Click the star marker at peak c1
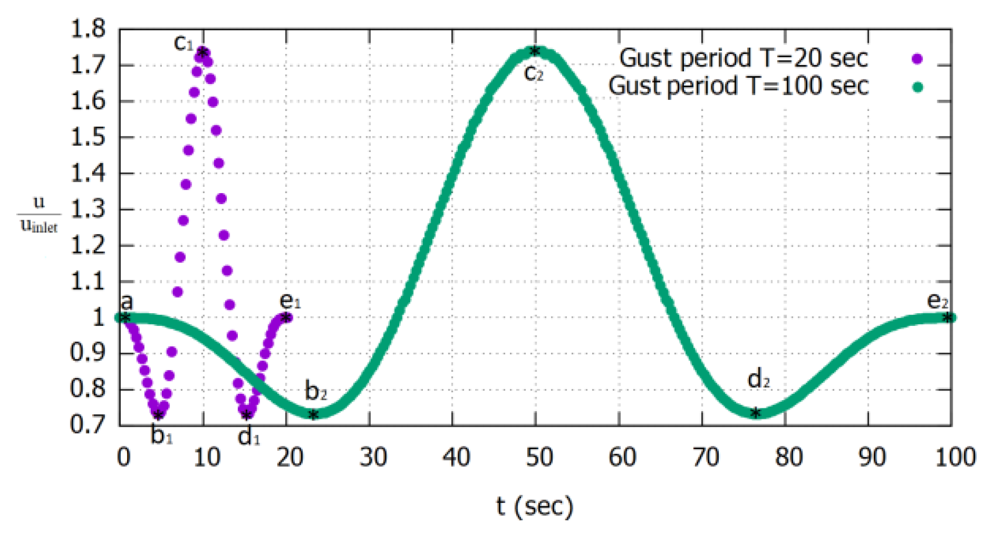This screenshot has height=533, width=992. point(202,53)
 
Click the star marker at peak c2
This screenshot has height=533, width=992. point(535,52)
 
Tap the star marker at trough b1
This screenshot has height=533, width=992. point(158,415)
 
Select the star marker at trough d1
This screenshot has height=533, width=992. point(247,415)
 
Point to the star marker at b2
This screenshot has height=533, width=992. point(313,415)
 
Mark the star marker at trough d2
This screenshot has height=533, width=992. point(755,413)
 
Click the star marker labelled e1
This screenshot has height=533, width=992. point(285,317)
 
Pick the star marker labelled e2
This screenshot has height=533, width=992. point(947,317)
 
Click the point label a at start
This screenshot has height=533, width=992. point(127,302)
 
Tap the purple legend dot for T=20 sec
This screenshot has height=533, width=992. point(917,59)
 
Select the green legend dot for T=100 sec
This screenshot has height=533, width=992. point(917,87)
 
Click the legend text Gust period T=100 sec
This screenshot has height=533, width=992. point(738,86)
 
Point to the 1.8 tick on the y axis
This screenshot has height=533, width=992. point(88,29)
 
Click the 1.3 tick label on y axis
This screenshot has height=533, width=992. point(88,209)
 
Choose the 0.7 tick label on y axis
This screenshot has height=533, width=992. point(88,425)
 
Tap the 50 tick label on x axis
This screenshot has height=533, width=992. point(539,458)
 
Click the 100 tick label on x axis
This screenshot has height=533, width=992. point(955,458)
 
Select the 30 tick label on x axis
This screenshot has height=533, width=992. point(372,458)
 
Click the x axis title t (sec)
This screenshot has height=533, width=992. point(534,506)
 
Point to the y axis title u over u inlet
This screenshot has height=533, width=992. point(39,214)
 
